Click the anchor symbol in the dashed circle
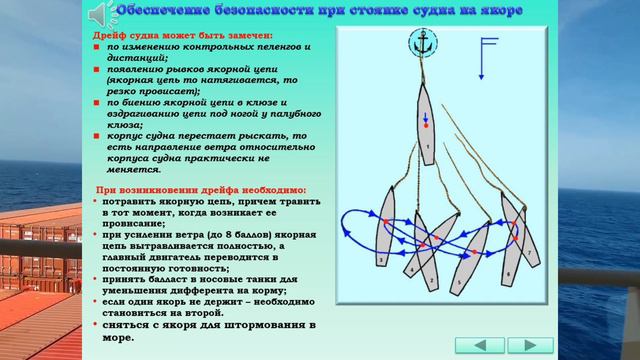coord(422,43)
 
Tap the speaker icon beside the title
coord(100,14)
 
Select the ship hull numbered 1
coord(425,125)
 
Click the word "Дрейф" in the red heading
coord(102,35)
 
